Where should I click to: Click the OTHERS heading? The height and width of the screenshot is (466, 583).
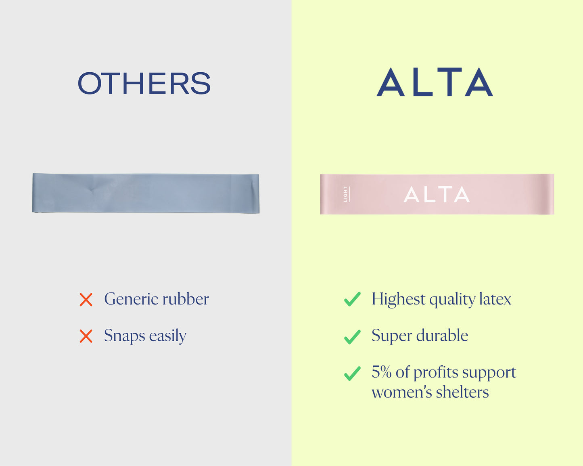144,83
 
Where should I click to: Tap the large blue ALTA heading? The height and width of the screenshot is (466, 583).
435,82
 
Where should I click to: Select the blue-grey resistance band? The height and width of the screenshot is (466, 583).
146,193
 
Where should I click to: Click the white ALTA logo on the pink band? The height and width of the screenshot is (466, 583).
437,194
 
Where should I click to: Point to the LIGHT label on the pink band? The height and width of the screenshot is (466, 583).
345,194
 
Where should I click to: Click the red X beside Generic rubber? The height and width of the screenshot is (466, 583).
86,300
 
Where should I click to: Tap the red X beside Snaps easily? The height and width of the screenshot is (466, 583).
86,336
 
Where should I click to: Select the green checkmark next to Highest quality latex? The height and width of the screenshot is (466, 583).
352,299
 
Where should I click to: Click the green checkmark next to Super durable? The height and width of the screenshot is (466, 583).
352,337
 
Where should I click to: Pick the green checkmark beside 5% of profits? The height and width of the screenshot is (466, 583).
352,374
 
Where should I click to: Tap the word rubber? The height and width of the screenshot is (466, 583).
186,299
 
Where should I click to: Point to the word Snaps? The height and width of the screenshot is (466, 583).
125,336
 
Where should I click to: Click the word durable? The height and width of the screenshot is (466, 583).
442,335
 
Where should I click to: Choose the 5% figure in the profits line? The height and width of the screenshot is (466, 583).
381,372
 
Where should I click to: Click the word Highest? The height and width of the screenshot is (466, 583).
398,299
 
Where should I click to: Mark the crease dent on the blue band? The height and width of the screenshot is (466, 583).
93,189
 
